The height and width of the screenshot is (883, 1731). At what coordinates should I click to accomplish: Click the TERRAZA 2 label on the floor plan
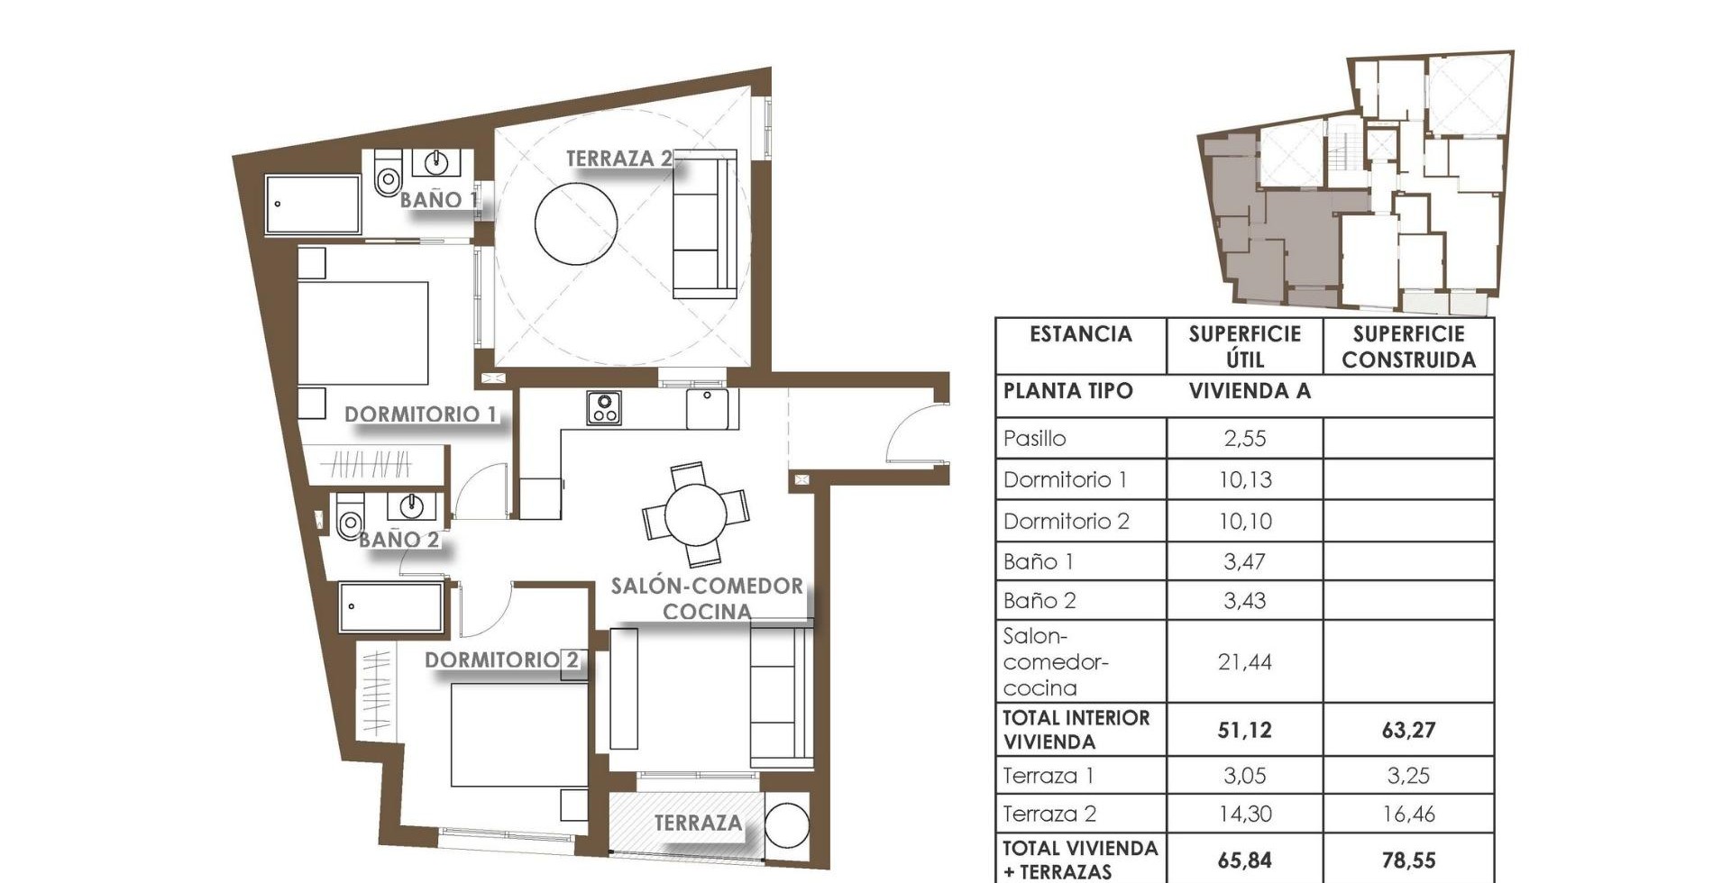click(x=618, y=158)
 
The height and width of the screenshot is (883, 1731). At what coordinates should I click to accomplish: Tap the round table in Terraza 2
click(x=576, y=223)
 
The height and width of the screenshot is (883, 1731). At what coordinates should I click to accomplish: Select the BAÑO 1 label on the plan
click(x=438, y=199)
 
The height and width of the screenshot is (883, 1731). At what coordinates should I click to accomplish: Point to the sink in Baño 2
click(x=412, y=505)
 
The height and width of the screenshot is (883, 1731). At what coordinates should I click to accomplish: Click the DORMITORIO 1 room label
click(x=421, y=414)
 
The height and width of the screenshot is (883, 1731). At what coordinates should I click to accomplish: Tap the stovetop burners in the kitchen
click(x=603, y=407)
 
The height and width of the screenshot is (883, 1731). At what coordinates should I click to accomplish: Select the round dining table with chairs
click(x=695, y=514)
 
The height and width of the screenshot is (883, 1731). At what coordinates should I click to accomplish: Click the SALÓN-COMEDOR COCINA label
click(x=707, y=598)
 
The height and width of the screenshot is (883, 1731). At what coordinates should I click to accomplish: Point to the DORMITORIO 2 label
click(x=502, y=660)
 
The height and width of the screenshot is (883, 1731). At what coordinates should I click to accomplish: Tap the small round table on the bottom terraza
click(x=787, y=824)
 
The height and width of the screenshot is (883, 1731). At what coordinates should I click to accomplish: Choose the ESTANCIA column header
click(x=1080, y=334)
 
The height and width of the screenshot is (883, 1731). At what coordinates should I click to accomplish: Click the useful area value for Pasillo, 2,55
click(x=1245, y=439)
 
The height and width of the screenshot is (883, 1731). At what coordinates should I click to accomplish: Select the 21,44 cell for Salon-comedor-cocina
click(x=1245, y=662)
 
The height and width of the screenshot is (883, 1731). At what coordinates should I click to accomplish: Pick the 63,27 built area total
click(x=1408, y=730)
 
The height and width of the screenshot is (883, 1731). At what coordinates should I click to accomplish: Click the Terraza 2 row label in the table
click(x=1049, y=815)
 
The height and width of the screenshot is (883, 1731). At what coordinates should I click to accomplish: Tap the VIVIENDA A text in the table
click(x=1250, y=391)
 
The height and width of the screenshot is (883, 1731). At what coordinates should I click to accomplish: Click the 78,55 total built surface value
click(x=1408, y=860)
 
